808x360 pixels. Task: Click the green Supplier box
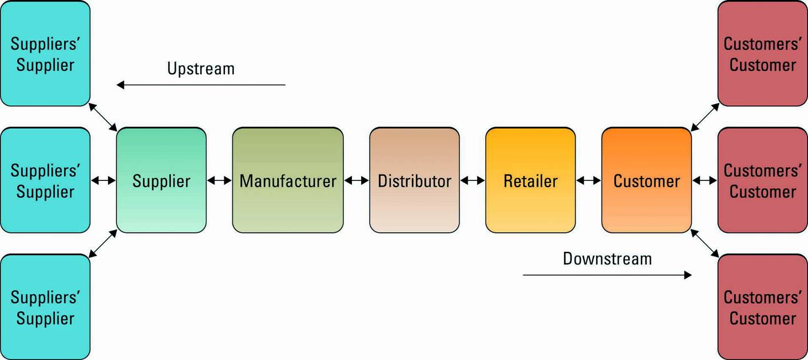[x=161, y=180]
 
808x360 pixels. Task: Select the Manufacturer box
[x=288, y=180]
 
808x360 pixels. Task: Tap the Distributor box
[x=414, y=180]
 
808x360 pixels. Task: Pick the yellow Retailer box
[x=530, y=180]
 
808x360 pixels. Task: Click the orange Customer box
[x=647, y=180]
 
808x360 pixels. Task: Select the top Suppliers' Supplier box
[x=45, y=54]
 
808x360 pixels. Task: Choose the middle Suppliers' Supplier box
[x=45, y=180]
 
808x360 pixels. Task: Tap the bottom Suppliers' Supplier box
[x=45, y=307]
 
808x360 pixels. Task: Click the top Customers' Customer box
[x=763, y=54]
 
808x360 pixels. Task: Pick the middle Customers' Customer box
[x=763, y=180]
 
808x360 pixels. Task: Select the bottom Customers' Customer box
[x=763, y=307]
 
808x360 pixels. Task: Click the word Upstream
[x=201, y=69]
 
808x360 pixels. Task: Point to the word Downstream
[x=607, y=259]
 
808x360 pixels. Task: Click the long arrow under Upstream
[x=201, y=85]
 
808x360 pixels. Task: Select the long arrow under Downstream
[x=607, y=275]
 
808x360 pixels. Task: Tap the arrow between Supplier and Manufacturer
[x=219, y=181]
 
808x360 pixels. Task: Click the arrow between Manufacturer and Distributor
[x=357, y=181]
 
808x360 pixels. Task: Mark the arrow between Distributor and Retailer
[x=473, y=181]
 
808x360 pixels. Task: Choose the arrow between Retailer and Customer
[x=589, y=181]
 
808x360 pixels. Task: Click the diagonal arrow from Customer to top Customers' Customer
[x=705, y=117]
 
